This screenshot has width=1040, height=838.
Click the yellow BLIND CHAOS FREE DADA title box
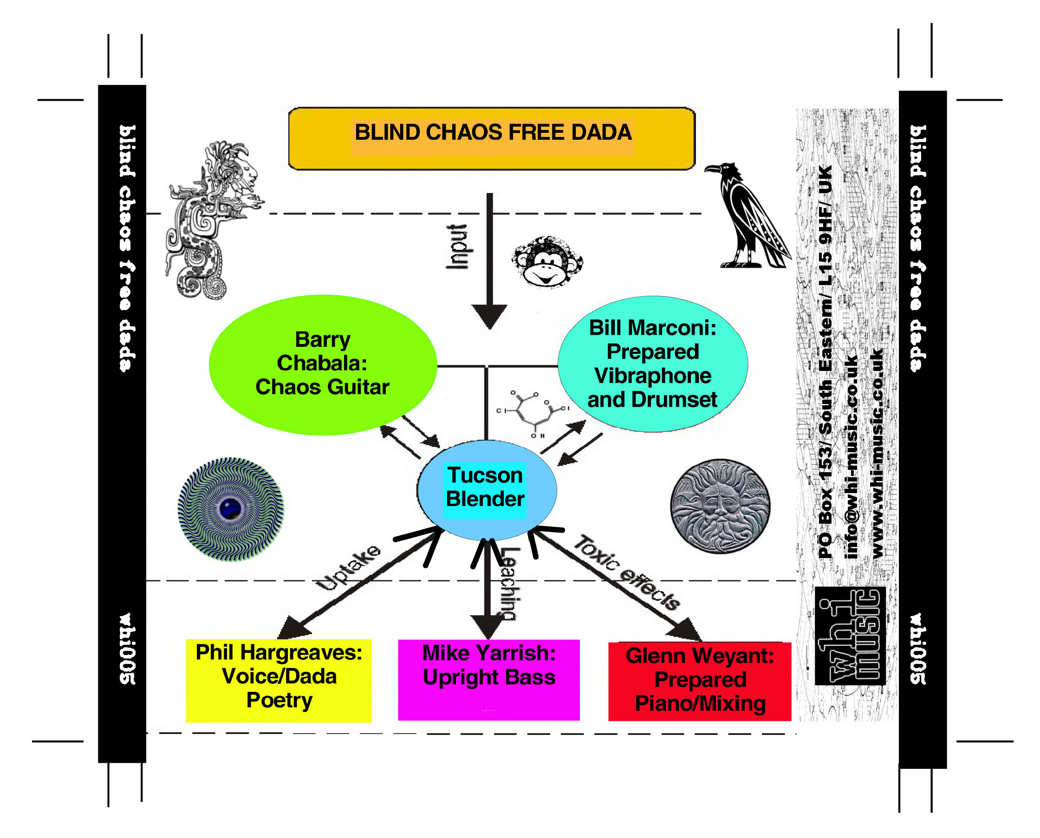[492, 138]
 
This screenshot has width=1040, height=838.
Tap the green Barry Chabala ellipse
[323, 364]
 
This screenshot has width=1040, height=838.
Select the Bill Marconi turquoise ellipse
[652, 364]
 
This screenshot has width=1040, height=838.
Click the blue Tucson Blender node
[486, 489]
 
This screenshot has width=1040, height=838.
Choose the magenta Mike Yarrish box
[488, 679]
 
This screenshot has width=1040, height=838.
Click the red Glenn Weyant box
[700, 681]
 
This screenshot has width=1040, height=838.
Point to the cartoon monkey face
[547, 262]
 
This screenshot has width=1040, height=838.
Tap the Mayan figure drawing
[213, 220]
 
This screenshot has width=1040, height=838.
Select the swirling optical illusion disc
[230, 509]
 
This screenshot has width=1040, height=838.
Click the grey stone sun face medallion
[720, 506]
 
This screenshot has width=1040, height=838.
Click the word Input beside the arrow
[457, 246]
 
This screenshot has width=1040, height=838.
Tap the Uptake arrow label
[349, 568]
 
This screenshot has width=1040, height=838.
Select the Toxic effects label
[627, 572]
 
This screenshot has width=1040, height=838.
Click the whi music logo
[850, 635]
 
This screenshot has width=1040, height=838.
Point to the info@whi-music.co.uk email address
[852, 457]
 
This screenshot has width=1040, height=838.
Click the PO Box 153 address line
[826, 362]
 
